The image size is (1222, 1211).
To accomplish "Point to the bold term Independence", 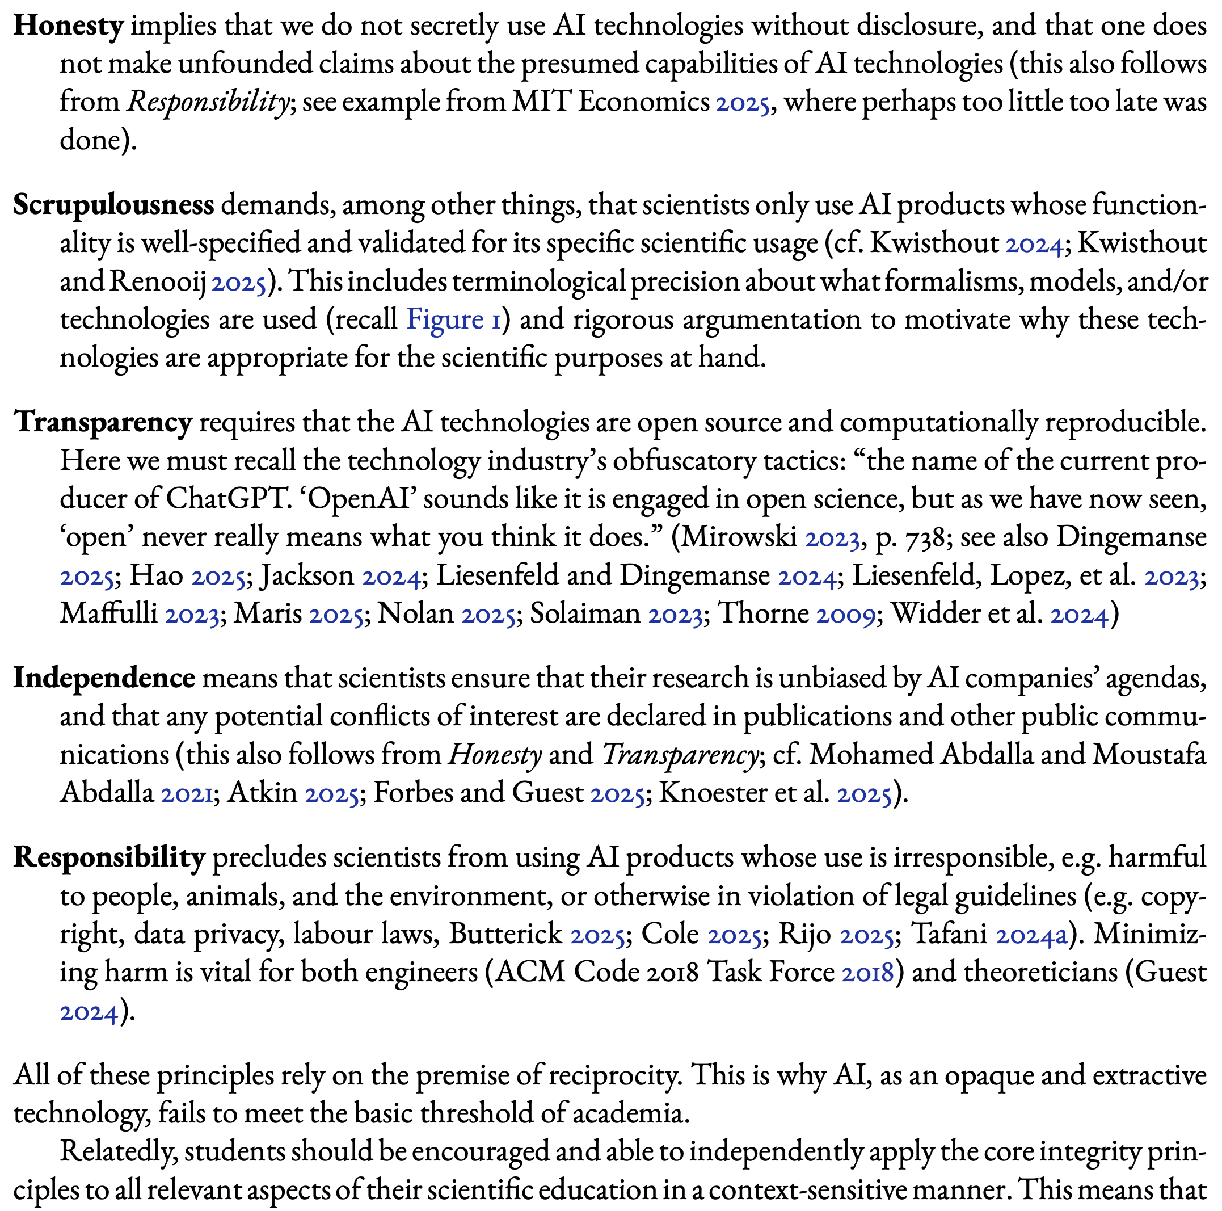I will coord(104,678).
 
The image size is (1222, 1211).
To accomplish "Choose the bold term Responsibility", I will coord(109,858).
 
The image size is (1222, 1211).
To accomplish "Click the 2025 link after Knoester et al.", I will coord(864,793).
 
